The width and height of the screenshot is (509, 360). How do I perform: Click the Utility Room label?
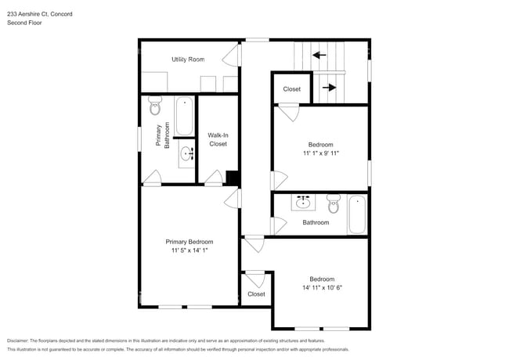188,59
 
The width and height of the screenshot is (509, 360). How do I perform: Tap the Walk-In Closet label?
218,139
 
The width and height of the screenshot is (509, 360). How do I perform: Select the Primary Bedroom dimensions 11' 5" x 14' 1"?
189,252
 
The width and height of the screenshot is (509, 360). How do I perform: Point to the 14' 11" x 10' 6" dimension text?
321,288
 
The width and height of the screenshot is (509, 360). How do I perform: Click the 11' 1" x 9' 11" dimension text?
320,153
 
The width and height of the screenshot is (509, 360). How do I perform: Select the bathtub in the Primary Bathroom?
185,116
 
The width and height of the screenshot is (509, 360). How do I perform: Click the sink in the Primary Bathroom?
186,152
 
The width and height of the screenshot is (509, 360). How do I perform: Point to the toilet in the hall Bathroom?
333,205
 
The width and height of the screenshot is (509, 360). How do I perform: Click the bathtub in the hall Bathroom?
357,214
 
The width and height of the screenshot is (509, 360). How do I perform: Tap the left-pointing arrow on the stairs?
319,56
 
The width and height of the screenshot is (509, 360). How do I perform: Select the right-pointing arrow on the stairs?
329,88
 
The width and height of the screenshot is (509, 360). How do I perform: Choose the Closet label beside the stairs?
291,89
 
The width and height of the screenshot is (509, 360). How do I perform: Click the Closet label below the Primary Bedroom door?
256,294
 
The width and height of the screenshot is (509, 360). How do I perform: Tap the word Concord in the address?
60,13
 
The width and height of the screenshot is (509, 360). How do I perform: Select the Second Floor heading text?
24,23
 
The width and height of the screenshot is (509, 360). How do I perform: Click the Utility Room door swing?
231,56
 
